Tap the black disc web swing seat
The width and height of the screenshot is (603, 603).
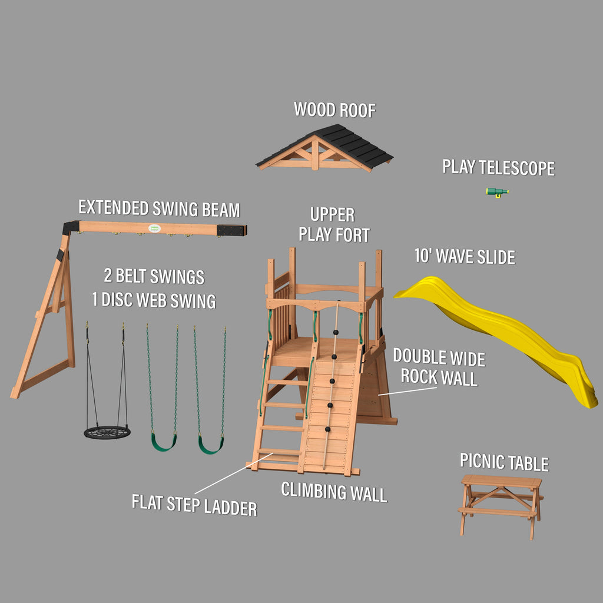pos(107,432)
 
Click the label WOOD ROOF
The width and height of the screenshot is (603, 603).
pos(334,110)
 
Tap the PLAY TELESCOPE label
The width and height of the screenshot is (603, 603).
pos(498,168)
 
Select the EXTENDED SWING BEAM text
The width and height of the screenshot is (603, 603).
pos(159,208)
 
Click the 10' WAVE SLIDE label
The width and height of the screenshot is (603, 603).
pos(465,256)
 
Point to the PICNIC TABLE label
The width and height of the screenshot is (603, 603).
pos(504,462)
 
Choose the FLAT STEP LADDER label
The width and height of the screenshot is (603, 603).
pos(194,505)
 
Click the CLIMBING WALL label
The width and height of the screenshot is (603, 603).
pos(334,492)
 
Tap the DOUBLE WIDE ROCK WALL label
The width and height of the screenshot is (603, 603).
pos(439,367)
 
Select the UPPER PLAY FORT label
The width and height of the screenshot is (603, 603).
pos(334,225)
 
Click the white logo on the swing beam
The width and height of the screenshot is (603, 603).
pos(154,228)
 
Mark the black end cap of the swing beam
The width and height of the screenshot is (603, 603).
pos(231,230)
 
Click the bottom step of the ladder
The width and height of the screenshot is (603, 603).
pos(279,452)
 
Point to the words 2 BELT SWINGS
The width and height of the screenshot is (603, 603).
pos(154,276)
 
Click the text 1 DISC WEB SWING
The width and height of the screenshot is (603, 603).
pos(154,300)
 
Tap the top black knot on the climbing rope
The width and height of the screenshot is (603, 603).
pos(335,333)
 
